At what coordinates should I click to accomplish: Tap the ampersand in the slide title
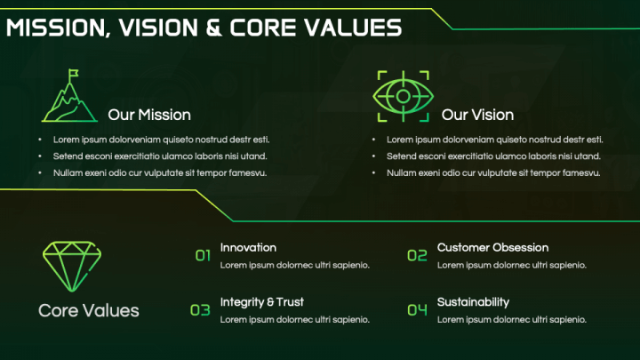(x=213, y=28)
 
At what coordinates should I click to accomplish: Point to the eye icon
(x=403, y=95)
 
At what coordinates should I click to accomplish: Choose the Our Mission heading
(x=149, y=115)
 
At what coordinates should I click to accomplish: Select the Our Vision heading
(x=477, y=115)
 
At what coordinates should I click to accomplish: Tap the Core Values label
(x=89, y=311)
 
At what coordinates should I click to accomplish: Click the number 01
(x=203, y=256)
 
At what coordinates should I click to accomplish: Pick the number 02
(x=417, y=256)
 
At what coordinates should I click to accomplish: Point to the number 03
(x=200, y=310)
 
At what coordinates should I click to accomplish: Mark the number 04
(x=417, y=310)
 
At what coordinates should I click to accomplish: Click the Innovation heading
(x=248, y=247)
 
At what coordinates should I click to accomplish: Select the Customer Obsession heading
(x=492, y=247)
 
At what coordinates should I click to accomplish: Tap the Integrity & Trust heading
(x=262, y=302)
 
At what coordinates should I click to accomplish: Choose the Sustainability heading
(x=473, y=302)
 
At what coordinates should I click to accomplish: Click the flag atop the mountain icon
(x=74, y=75)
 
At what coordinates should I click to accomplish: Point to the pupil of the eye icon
(x=403, y=95)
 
